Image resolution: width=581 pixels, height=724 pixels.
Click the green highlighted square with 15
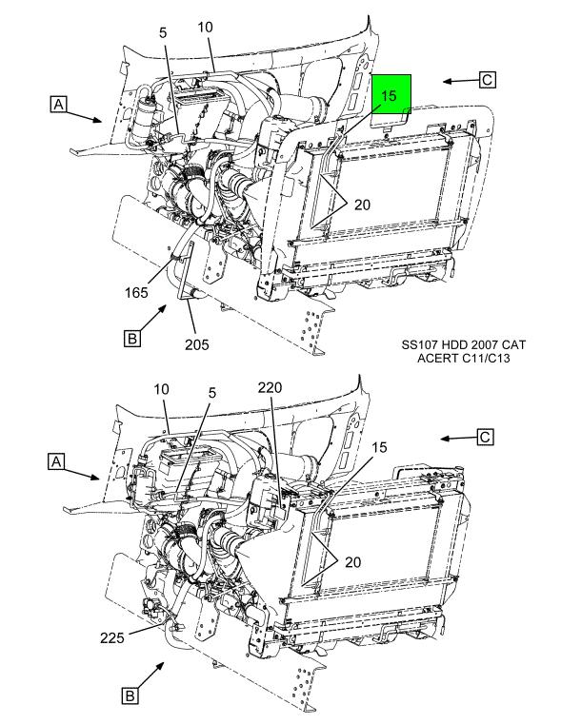[x=391, y=94]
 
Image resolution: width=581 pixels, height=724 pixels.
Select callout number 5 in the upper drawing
[x=163, y=32]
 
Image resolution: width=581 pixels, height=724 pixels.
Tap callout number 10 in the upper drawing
[x=205, y=28]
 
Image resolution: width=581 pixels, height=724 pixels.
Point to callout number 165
[x=136, y=292]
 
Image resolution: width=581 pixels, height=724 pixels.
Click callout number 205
[x=197, y=344]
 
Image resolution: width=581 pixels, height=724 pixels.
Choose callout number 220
[x=270, y=387]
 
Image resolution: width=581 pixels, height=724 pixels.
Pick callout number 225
[x=112, y=637]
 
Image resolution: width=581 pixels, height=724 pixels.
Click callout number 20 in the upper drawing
[x=362, y=205]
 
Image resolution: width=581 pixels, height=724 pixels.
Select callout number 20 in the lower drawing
[x=352, y=562]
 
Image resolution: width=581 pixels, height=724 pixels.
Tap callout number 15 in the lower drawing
[x=379, y=447]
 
